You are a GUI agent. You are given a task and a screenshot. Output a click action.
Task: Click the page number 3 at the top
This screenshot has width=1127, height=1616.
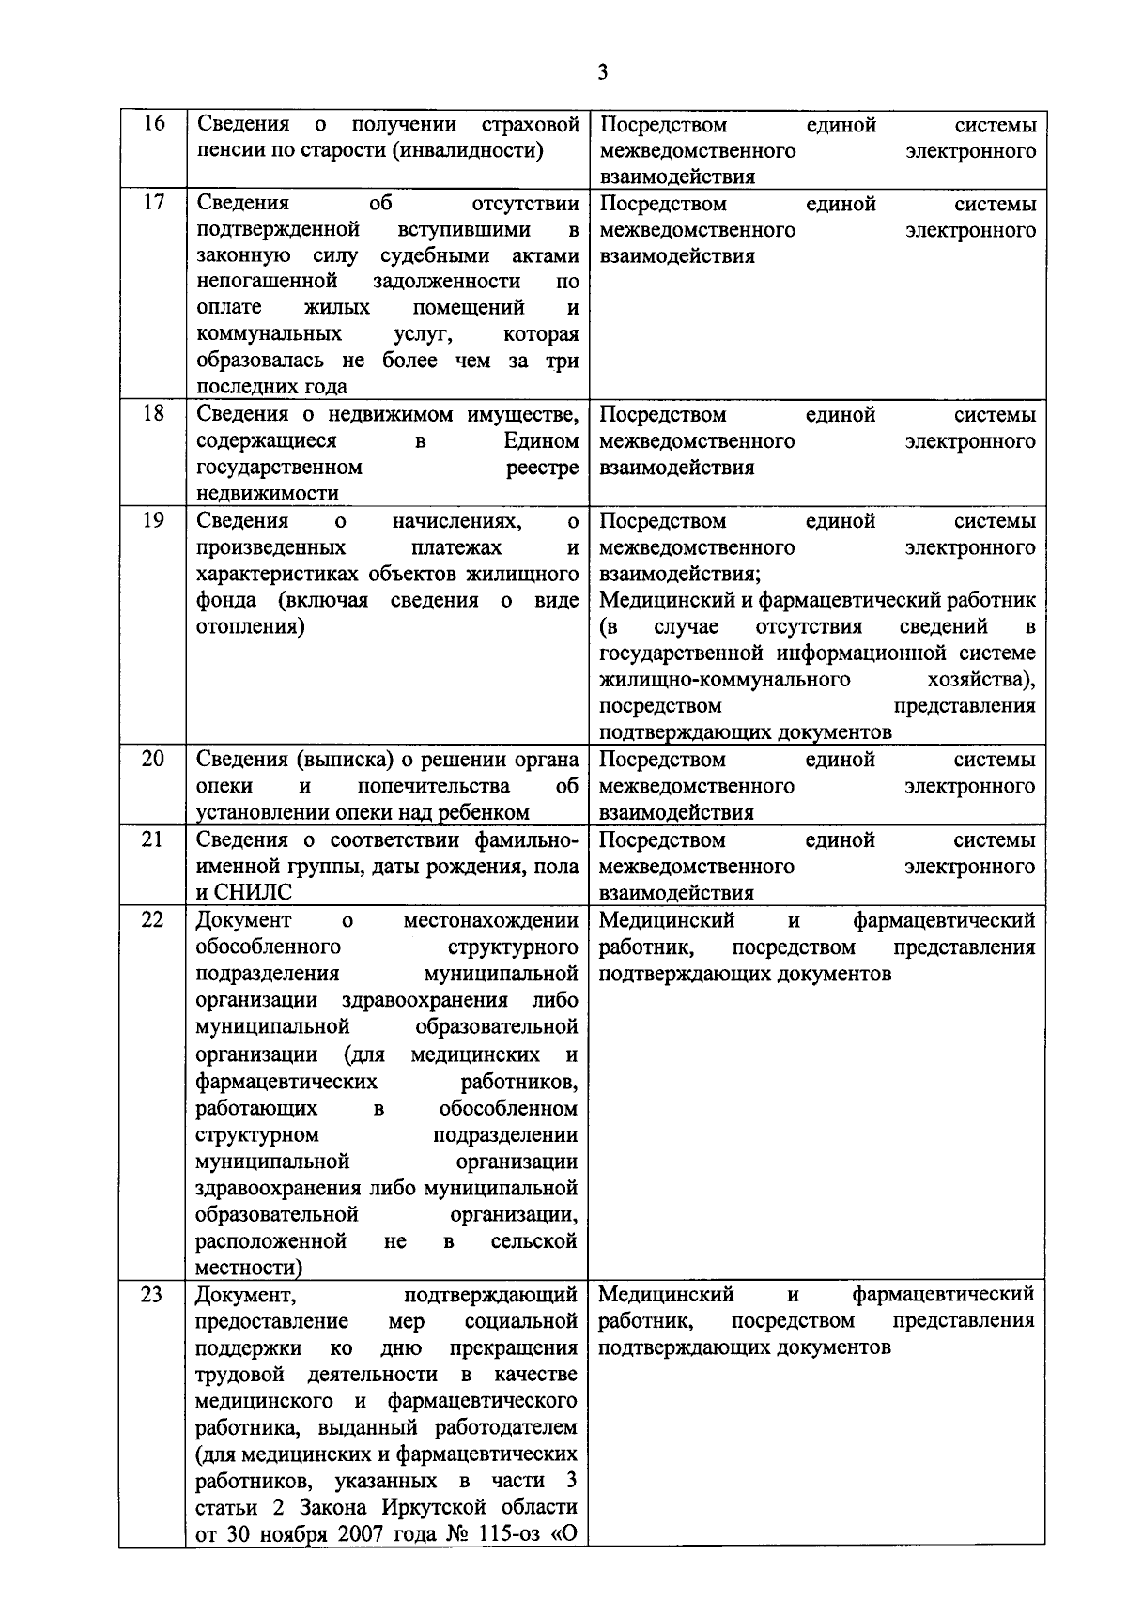pos(602,72)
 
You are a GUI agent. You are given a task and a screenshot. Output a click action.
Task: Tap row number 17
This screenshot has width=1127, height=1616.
pos(152,203)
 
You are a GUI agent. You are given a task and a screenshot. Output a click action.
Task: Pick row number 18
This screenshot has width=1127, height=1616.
pos(152,414)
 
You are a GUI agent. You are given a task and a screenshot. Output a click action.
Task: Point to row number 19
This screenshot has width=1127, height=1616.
pos(152,520)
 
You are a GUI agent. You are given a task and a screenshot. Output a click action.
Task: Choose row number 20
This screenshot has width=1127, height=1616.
pos(152,759)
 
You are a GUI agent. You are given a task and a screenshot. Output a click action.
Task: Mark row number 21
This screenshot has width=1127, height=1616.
pos(152,839)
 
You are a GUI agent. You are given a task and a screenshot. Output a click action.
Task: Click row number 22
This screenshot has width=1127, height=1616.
pos(152,919)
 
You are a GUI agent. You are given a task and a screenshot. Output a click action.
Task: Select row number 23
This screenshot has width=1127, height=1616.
pos(152,1295)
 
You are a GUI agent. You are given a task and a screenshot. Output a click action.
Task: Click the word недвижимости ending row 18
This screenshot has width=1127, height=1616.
pos(267,494)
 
